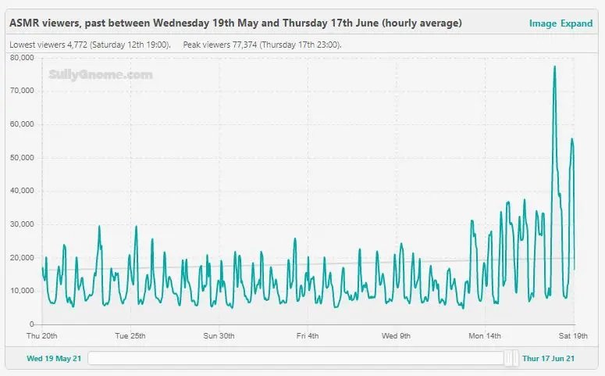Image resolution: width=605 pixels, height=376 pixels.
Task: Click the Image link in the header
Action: point(543,23)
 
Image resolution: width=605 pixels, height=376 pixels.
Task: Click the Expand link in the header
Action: point(576,23)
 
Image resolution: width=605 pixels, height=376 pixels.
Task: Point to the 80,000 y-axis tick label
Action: point(22,58)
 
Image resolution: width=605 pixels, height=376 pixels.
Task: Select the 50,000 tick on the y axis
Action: point(22,158)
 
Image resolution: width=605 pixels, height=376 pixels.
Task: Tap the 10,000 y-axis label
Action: point(22,291)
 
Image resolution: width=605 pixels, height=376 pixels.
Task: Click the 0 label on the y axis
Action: point(32,324)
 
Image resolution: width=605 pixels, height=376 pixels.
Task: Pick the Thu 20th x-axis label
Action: point(41,336)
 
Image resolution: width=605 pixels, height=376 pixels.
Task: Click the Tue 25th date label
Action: point(130,336)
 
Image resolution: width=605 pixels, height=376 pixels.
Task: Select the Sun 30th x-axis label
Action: point(219,336)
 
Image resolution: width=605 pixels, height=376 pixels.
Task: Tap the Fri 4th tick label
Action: point(308,336)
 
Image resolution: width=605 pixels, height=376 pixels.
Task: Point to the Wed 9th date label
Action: point(396,336)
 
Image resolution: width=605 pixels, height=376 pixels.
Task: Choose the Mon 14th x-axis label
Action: point(485,336)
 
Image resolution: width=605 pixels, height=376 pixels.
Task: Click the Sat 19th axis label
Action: point(573,336)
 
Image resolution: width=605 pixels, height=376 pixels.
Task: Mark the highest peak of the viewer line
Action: point(555,66)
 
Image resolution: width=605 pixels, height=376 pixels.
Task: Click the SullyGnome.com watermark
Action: point(101,74)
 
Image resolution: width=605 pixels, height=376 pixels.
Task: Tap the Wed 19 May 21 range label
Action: point(54,359)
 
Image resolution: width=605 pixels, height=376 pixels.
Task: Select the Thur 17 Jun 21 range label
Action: point(548,359)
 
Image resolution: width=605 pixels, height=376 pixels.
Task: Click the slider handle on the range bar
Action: point(512,358)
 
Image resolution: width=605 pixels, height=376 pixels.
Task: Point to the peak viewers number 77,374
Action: point(244,45)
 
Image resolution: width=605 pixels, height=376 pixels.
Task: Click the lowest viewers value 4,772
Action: point(77,45)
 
